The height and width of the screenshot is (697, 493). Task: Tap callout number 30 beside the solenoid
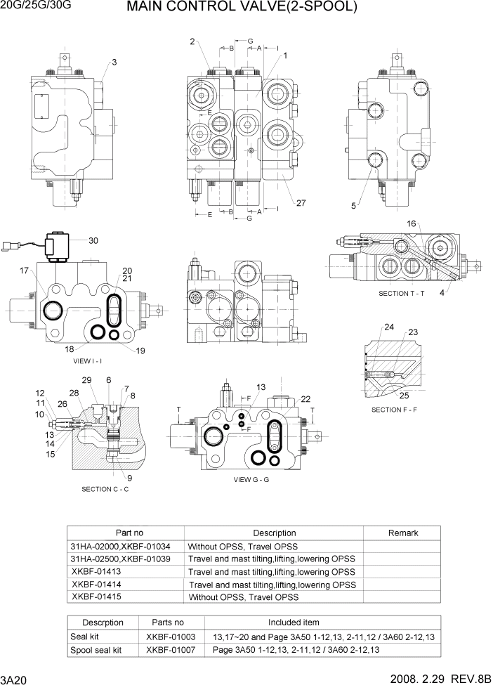click(x=93, y=241)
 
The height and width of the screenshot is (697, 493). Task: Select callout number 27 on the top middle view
click(x=301, y=204)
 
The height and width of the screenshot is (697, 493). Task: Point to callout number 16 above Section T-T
click(x=412, y=224)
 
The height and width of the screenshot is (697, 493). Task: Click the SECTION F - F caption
click(x=394, y=410)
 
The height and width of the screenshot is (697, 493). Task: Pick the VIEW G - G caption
click(x=251, y=480)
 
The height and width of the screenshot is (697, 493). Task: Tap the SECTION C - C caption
click(x=105, y=489)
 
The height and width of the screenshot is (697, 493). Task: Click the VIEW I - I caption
click(x=88, y=361)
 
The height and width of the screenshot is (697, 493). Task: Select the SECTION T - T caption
click(x=402, y=293)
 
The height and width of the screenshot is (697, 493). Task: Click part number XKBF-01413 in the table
click(x=96, y=571)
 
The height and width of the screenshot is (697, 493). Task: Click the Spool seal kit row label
click(x=96, y=650)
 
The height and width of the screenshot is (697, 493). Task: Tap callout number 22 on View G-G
click(x=305, y=399)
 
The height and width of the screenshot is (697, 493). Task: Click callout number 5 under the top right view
click(x=354, y=206)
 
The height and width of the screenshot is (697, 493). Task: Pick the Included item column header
click(x=294, y=623)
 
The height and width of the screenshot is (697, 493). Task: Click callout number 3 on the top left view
click(x=114, y=63)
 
